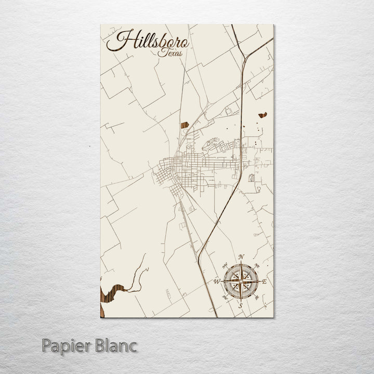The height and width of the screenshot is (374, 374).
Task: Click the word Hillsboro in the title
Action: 148,41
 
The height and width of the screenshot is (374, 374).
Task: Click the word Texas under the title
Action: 171,53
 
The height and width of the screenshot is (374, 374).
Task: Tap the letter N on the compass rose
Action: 241,257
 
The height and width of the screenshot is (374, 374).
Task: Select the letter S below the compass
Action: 240,306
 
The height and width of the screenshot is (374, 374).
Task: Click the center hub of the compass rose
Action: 241,282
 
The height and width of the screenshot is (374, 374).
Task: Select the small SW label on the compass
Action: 225,297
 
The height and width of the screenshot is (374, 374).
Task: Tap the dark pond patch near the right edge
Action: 262,115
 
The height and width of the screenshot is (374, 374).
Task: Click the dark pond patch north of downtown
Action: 184,125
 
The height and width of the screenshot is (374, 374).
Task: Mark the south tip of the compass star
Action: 241,299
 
